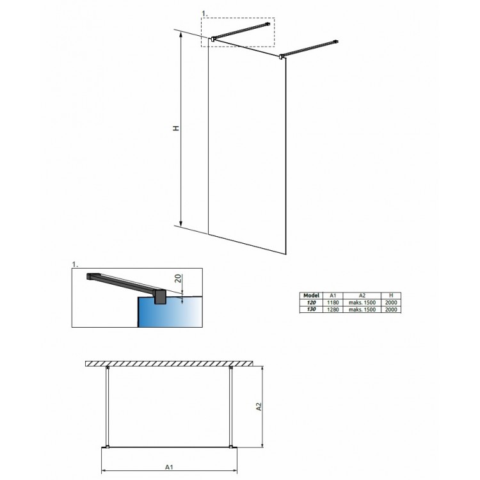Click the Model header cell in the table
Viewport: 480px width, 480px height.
[311, 296]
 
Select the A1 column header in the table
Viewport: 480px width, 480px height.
[333, 296]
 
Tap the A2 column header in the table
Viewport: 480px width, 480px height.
[362, 296]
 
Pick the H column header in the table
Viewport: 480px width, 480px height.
[391, 296]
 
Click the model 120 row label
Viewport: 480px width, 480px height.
[311, 303]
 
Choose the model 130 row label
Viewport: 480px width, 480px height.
[311, 309]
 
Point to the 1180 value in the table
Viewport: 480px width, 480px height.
[333, 303]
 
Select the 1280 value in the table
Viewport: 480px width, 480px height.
[333, 310]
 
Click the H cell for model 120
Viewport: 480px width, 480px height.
[391, 303]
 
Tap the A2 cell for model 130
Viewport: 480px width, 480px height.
[362, 310]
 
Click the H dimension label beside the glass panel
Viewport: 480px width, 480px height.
[176, 128]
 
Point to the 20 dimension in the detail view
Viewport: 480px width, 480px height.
[178, 278]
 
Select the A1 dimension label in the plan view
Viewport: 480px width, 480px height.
[169, 467]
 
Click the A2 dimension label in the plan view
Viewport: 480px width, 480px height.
[259, 406]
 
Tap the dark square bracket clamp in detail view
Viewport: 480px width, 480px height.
[160, 296]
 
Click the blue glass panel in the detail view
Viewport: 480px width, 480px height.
[170, 312]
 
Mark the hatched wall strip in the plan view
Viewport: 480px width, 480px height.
[170, 364]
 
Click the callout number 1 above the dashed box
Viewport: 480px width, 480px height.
[205, 14]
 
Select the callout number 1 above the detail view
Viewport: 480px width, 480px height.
[75, 264]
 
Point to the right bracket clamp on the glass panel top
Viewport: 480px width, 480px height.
[281, 56]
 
